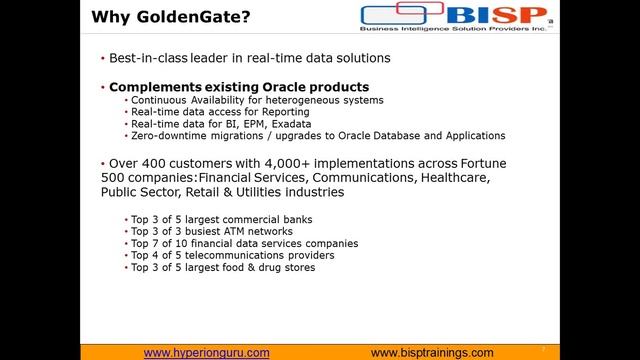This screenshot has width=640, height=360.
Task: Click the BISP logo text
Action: click(501, 16)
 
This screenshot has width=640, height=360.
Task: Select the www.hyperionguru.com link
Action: click(206, 353)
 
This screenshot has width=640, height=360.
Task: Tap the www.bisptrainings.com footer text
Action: click(432, 353)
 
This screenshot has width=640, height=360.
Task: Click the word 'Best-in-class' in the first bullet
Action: click(150, 59)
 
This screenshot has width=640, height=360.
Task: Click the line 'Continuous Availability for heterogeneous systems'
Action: click(245, 101)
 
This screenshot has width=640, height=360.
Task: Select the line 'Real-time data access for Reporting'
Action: click(212, 113)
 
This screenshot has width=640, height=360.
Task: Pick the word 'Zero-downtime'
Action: click(166, 135)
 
